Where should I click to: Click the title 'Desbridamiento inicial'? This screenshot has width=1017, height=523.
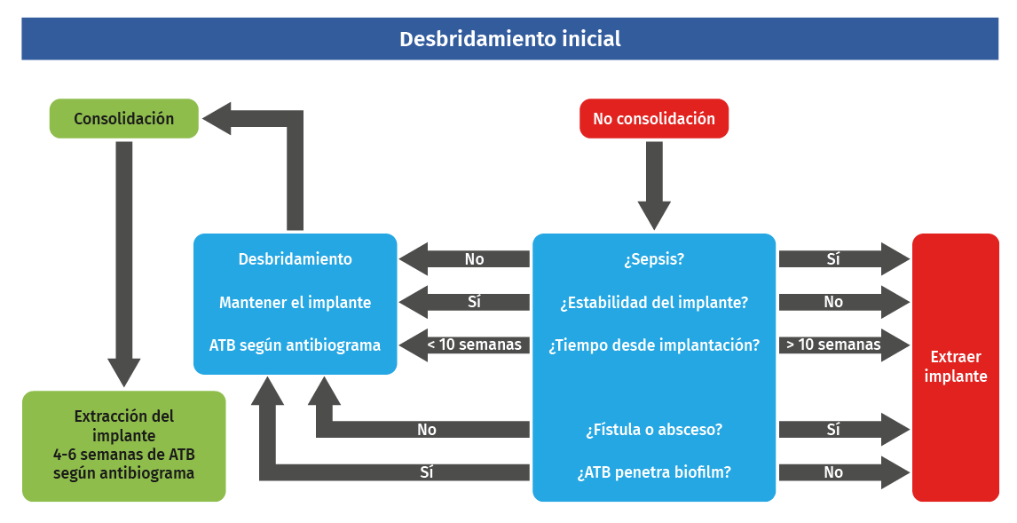[509, 39]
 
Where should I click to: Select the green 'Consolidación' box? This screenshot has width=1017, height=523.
[123, 118]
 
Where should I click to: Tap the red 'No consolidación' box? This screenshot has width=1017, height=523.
[654, 118]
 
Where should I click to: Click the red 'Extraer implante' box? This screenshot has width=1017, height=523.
[955, 367]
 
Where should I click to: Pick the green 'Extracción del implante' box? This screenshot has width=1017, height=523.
[123, 445]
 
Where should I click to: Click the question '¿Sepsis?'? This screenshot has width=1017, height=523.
[654, 259]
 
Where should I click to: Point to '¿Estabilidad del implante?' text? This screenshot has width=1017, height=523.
[654, 302]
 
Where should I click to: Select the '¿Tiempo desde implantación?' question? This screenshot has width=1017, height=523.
[654, 345]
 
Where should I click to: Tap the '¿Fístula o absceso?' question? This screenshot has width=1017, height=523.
[654, 430]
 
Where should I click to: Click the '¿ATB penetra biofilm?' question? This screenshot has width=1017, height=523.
[654, 472]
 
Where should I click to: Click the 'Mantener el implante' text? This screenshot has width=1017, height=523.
[295, 302]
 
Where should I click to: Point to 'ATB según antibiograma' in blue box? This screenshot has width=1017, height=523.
[295, 345]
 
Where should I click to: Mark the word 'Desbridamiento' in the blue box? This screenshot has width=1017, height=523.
[295, 259]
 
